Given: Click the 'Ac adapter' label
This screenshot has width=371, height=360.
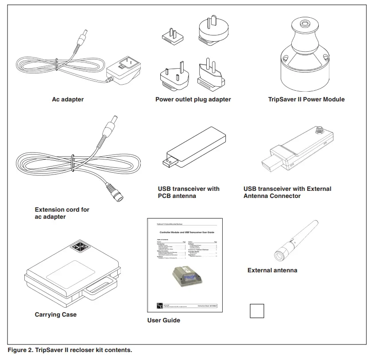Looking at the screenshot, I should click(68, 100).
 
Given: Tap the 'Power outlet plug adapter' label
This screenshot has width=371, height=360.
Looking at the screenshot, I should click(193, 100).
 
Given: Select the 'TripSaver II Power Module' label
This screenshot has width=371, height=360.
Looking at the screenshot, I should click(306, 100).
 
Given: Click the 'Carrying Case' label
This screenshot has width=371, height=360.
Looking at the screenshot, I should click(56, 315).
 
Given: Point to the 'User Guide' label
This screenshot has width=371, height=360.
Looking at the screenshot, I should click(163, 320).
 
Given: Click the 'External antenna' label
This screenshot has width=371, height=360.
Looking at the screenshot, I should click(272, 270).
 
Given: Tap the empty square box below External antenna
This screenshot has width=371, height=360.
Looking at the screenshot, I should click(257, 310).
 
